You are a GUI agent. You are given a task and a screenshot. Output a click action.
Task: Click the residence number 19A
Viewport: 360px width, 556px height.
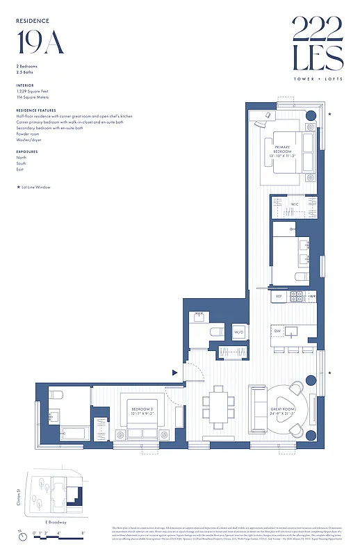[40, 42]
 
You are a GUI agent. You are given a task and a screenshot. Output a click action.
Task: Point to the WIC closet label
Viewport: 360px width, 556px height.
[295, 204]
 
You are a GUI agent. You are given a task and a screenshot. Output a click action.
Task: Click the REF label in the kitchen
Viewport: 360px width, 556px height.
[278, 296]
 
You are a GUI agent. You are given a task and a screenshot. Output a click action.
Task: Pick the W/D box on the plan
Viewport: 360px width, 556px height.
[238, 332]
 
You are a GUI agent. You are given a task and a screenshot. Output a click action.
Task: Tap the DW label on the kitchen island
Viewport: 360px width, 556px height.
[277, 331]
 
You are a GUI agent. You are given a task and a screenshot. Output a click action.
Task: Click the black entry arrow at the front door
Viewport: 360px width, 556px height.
[174, 373]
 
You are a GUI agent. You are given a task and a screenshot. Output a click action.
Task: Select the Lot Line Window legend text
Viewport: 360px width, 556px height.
[35, 187]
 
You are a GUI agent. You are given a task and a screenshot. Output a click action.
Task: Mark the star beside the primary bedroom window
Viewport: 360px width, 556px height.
[329, 113]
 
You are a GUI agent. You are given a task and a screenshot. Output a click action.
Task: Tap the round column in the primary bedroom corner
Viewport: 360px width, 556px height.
[311, 116]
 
